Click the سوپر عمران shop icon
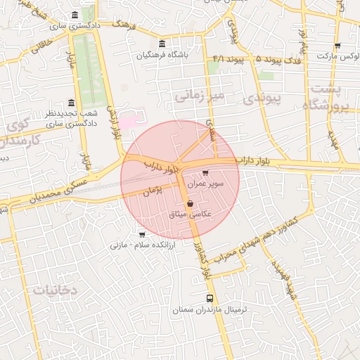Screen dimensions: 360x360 [205, 173]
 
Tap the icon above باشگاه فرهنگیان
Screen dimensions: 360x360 [163, 44]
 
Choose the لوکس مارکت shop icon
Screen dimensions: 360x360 [337, 46]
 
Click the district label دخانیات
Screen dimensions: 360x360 [54, 290]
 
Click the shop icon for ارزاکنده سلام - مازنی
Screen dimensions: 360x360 [142, 235]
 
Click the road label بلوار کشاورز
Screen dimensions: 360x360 [202, 260]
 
